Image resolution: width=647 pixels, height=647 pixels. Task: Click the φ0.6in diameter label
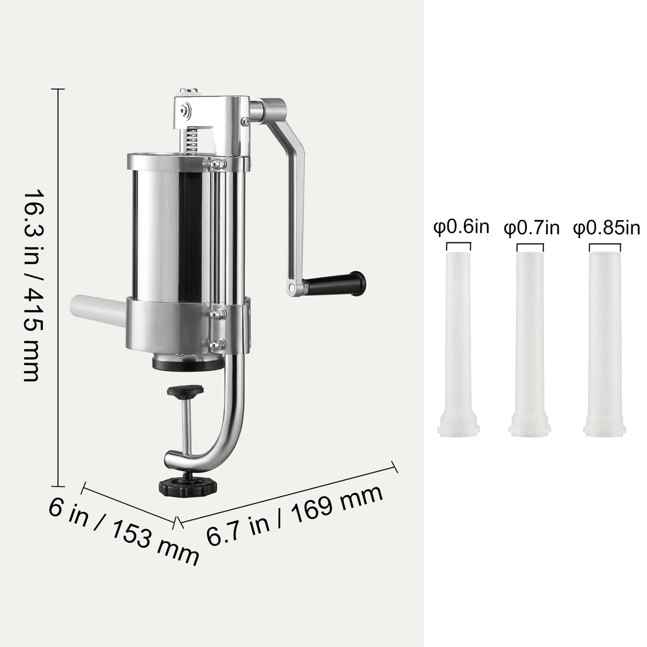pyautogui.click(x=461, y=227)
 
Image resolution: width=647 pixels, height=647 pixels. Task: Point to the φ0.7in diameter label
pyautogui.click(x=531, y=227)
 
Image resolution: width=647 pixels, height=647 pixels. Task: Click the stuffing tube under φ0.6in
pyautogui.click(x=458, y=340)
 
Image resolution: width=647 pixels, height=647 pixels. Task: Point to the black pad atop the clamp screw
pyautogui.click(x=185, y=390)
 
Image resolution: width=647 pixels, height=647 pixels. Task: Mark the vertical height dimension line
pyautogui.click(x=58, y=287)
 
